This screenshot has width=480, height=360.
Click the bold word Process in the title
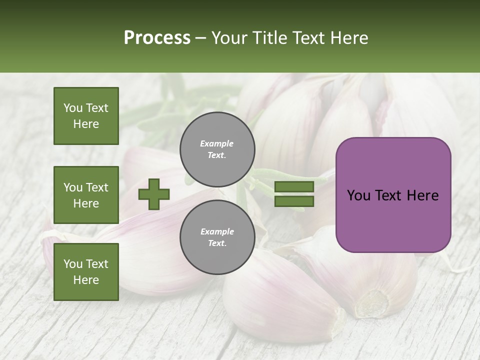click(157, 37)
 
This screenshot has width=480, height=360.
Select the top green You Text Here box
click(86, 116)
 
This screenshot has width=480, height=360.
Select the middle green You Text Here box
click(86, 195)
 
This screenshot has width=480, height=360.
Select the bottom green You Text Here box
click(86, 271)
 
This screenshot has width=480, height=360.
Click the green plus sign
click(154, 194)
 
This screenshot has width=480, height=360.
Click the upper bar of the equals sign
click(294, 187)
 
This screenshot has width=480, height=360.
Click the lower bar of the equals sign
click(294, 201)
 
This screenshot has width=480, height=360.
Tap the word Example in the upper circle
click(217, 143)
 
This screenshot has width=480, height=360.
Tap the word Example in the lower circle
click(217, 231)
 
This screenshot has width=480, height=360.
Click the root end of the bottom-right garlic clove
click(373, 303)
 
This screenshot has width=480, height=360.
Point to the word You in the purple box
click(358, 195)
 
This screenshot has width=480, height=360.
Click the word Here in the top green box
click(86, 124)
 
